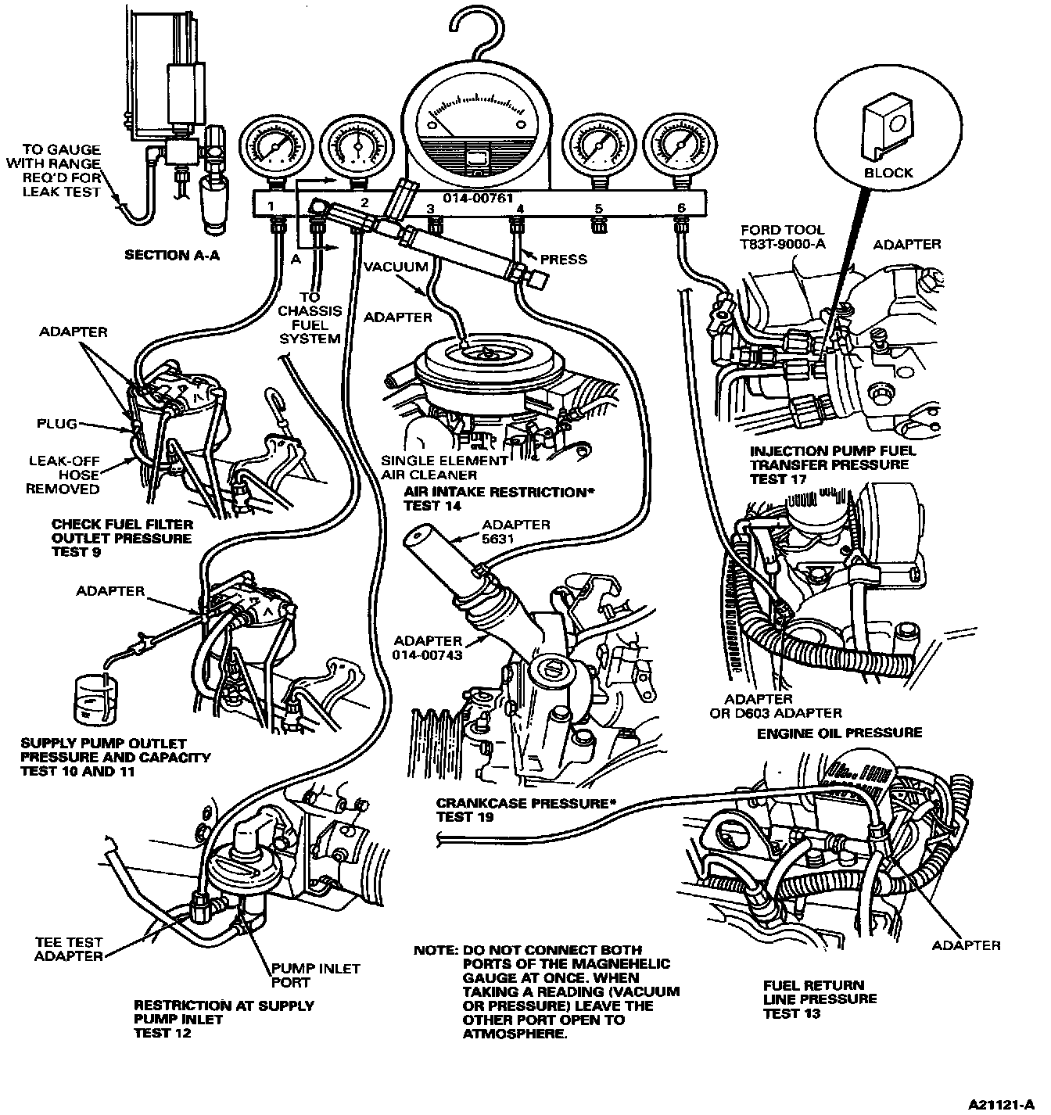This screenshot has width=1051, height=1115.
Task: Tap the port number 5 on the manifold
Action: click(x=598, y=209)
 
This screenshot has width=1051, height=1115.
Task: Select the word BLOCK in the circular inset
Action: click(x=888, y=172)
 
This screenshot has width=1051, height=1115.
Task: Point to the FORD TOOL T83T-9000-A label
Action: click(x=781, y=237)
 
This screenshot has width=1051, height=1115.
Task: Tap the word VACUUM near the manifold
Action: click(x=396, y=267)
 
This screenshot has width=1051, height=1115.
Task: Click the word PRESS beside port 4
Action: click(x=563, y=259)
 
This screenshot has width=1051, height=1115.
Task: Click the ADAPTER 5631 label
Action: click(x=516, y=531)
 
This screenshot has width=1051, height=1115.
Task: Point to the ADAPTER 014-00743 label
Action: click(x=428, y=647)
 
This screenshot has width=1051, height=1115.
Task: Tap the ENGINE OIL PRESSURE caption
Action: click(x=839, y=733)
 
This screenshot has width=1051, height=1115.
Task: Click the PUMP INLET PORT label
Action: click(x=315, y=975)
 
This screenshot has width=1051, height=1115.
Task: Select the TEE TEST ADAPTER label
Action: click(x=69, y=949)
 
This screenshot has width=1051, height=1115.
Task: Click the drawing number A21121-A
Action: click(x=1003, y=1105)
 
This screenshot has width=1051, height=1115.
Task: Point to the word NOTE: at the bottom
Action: click(x=435, y=951)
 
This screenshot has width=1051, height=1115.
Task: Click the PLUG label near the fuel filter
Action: click(x=56, y=424)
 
